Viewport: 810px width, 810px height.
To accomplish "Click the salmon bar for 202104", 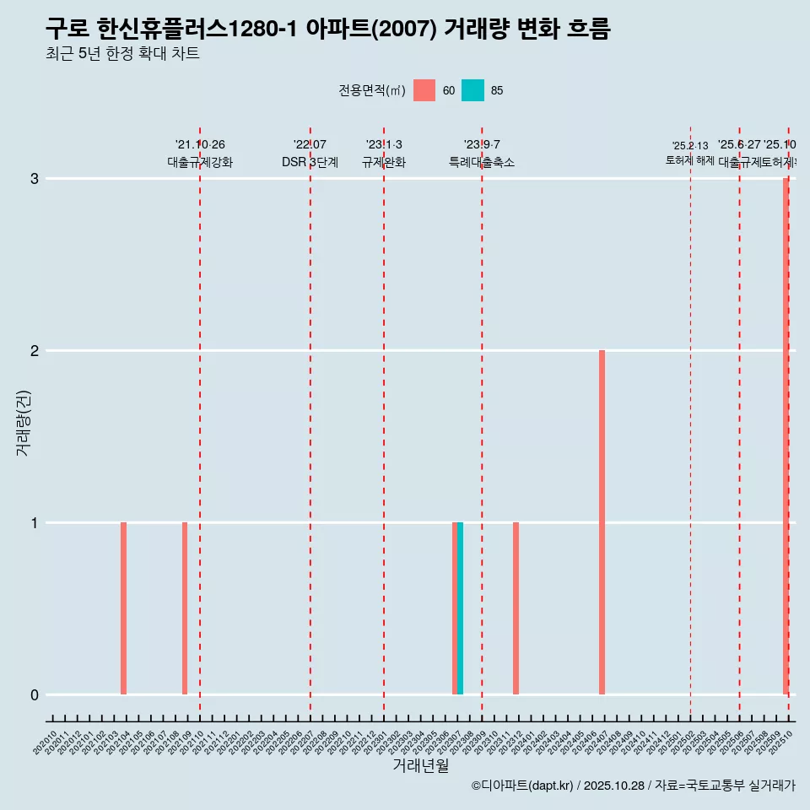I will [x=123, y=608].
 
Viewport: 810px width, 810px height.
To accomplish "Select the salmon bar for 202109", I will [x=185, y=608].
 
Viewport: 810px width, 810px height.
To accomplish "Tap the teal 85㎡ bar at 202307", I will [x=460, y=608].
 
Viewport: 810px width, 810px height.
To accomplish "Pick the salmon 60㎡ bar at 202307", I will [x=455, y=608].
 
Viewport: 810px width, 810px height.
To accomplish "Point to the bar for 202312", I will [x=516, y=608].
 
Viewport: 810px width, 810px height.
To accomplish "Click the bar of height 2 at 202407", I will [x=602, y=522].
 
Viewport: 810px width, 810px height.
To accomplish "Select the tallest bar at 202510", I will [x=786, y=436].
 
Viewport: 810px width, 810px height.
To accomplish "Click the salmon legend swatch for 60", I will [x=424, y=90].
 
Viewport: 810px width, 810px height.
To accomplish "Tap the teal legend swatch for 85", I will [x=472, y=90].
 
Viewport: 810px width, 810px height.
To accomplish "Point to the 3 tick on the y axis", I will [x=35, y=179].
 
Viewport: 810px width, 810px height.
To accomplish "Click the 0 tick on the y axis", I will [x=35, y=695].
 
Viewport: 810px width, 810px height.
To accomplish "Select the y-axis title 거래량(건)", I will [x=23, y=423].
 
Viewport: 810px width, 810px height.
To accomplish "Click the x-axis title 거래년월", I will [x=420, y=765].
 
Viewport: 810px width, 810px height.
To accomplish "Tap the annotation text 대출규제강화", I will [x=200, y=162].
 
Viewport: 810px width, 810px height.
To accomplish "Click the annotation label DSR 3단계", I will [x=310, y=162].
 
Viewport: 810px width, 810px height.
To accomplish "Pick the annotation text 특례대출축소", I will [x=482, y=162].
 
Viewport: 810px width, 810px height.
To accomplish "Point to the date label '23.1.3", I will [x=384, y=145].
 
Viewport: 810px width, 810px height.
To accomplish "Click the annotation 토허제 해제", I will [x=689, y=160].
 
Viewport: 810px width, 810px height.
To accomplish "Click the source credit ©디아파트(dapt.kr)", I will [x=522, y=786].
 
